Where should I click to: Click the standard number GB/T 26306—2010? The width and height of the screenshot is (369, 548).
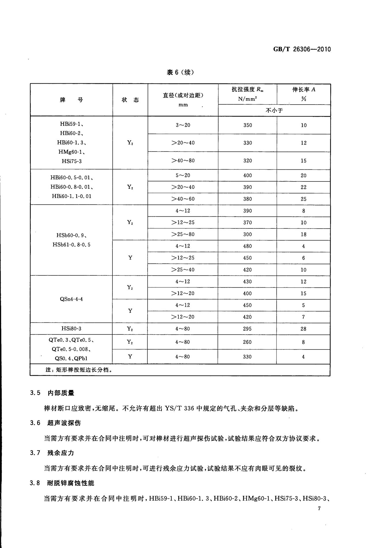click(302, 49)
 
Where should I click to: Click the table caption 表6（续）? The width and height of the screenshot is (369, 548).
click(180, 72)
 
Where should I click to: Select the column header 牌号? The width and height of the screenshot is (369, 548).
click(71, 100)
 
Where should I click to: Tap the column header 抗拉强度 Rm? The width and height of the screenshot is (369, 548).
click(247, 90)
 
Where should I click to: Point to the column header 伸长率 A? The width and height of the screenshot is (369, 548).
click(304, 90)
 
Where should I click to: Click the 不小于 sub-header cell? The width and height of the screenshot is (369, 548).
click(274, 110)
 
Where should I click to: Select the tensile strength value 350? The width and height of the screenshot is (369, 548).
click(247, 125)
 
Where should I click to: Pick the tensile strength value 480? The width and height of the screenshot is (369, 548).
click(247, 246)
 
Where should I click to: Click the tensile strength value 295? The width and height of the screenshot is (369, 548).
click(247, 329)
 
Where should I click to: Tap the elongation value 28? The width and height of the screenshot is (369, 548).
click(303, 329)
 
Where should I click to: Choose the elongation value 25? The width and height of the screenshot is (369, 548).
click(303, 199)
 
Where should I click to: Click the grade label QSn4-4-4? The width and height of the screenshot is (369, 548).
click(71, 299)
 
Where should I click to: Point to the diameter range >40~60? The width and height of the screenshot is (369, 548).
click(183, 199)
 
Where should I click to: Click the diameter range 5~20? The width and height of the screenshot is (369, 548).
click(183, 175)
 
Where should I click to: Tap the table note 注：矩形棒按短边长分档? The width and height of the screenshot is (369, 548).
click(78, 370)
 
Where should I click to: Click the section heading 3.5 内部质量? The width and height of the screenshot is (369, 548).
click(52, 393)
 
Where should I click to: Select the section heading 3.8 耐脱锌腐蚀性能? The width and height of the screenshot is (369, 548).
click(62, 483)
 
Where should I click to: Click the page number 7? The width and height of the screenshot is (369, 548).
click(319, 509)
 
